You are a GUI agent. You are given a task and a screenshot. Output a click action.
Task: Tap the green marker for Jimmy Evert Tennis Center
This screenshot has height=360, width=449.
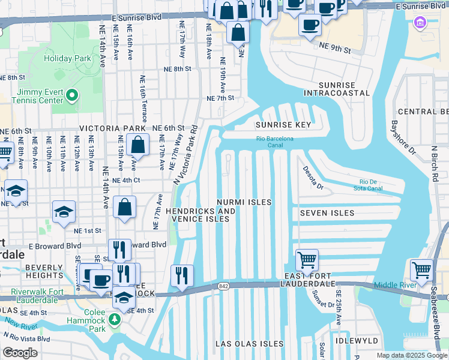71,95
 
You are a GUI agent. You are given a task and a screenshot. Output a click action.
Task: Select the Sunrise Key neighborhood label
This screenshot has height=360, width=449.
283,125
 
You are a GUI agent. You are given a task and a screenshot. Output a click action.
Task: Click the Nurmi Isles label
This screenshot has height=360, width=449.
244,202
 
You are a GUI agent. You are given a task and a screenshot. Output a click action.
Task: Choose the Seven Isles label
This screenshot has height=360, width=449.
327,213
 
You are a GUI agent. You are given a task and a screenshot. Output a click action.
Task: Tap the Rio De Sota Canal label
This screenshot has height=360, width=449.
371,185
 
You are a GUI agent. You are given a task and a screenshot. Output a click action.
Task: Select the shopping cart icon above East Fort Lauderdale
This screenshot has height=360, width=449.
307,260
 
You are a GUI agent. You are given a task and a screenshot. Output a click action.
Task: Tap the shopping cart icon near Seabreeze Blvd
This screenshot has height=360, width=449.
421,269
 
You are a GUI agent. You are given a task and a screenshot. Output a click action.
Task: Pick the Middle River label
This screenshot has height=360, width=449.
395,285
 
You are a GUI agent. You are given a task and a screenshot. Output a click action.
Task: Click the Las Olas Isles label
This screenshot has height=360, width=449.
249,344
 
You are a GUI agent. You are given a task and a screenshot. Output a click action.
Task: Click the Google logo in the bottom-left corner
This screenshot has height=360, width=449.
19,353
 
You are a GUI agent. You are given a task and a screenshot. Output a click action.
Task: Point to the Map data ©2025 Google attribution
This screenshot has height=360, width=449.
411,355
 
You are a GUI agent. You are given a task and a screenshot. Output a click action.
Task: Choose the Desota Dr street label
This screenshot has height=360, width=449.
313,179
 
